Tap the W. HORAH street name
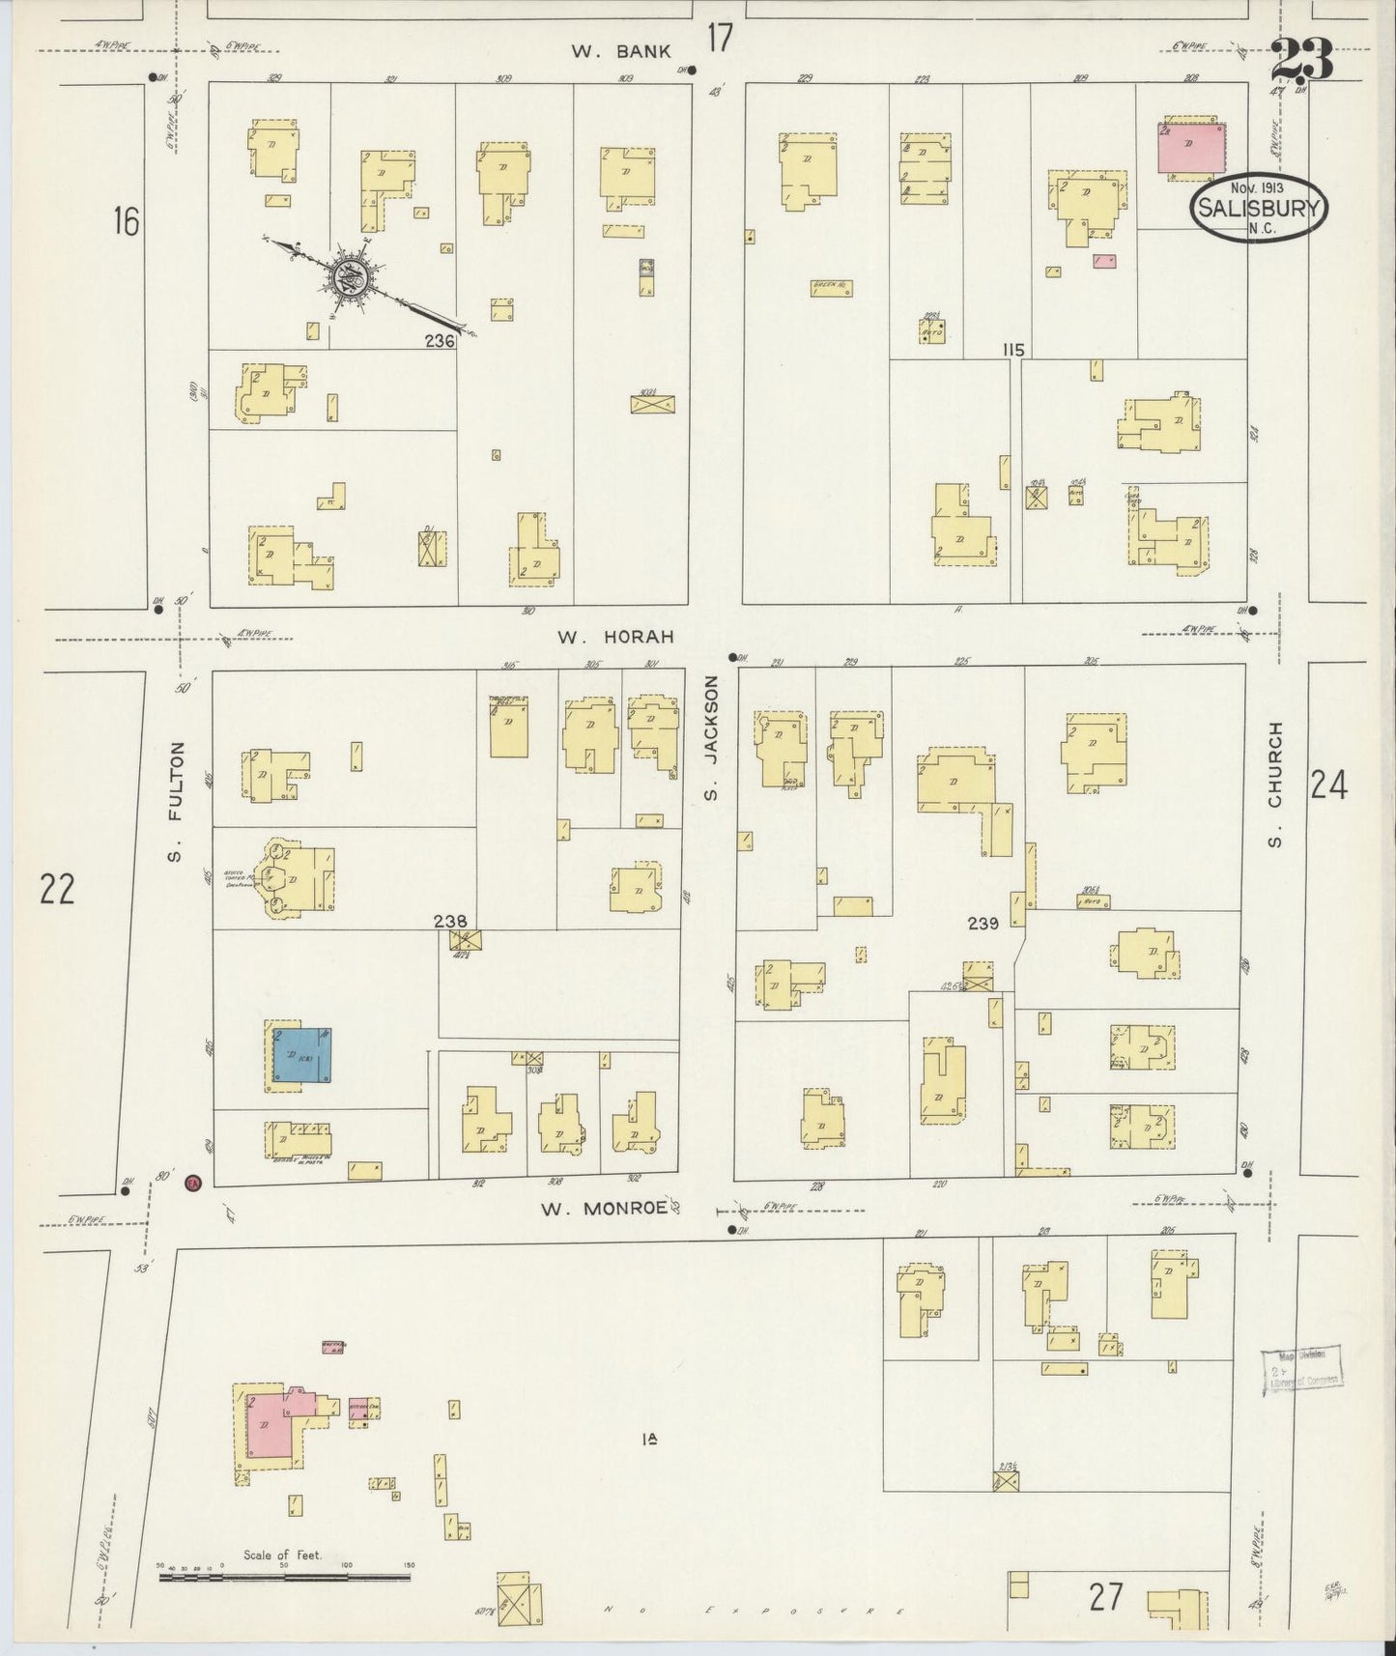coord(613,638)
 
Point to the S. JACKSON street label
coord(712,738)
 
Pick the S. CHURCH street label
coord(1275,785)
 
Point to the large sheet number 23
coord(1302,60)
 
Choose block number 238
coord(450,921)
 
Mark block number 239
coord(983,924)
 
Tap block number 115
coord(1012,350)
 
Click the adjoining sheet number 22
coord(57,888)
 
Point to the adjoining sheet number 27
coord(1106,1597)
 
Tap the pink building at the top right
coord(1190,148)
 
